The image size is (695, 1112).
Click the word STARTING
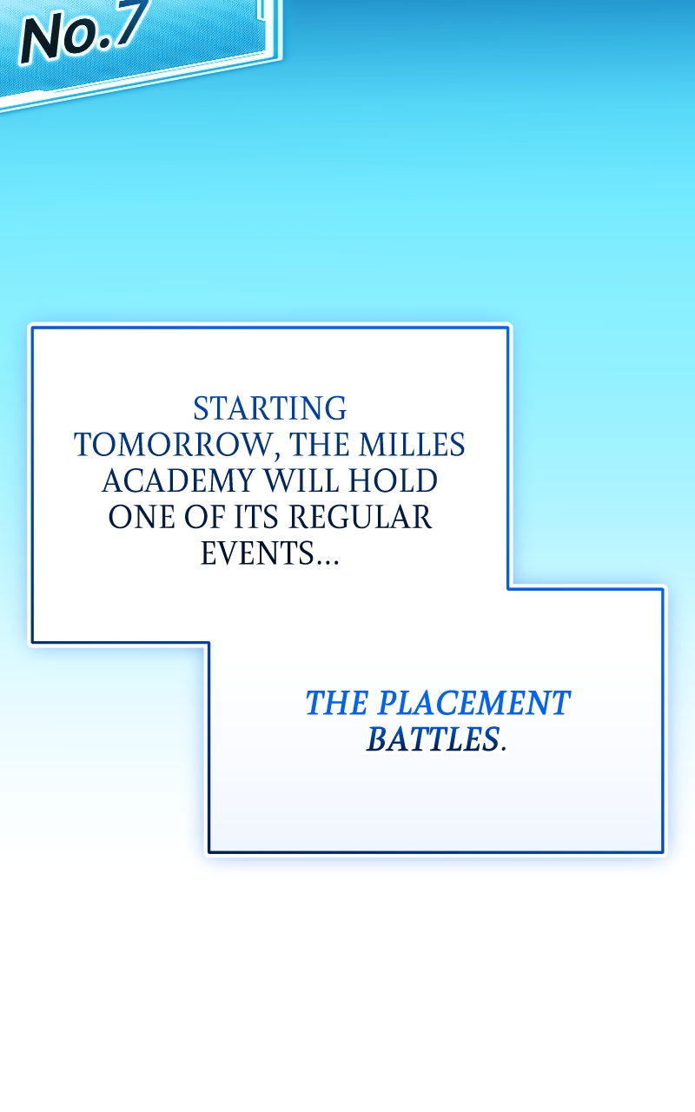click(x=269, y=408)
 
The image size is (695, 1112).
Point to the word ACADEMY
click(x=180, y=481)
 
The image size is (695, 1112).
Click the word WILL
click(x=301, y=481)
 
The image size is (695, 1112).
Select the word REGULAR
click(x=360, y=517)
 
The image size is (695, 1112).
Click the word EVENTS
click(x=258, y=553)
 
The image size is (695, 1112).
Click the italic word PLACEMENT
click(x=473, y=703)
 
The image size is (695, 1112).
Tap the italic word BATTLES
click(x=433, y=739)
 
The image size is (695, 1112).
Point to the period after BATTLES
click(x=503, y=749)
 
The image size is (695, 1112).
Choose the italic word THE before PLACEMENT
click(x=337, y=703)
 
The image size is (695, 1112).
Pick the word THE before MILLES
click(x=321, y=445)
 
